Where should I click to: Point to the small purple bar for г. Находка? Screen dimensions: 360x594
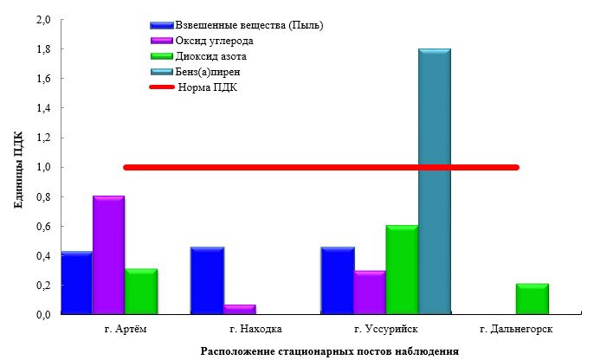click(x=239, y=309)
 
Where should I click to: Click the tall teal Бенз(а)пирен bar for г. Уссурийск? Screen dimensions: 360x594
click(x=435, y=182)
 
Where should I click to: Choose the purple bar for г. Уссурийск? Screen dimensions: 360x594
click(x=370, y=292)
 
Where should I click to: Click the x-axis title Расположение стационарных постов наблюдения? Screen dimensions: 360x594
click(x=329, y=350)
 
